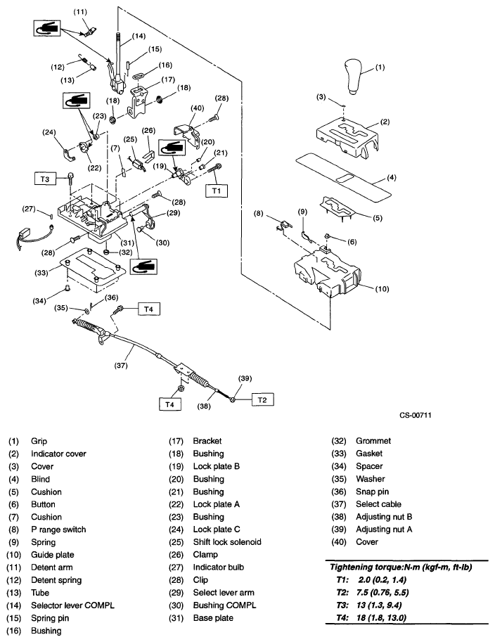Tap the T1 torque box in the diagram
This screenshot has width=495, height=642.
pyautogui.click(x=216, y=190)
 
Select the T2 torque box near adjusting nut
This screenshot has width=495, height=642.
pyautogui.click(x=261, y=399)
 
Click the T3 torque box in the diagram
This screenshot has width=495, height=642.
pyautogui.click(x=45, y=178)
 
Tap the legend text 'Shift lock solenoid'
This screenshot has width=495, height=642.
pyautogui.click(x=226, y=542)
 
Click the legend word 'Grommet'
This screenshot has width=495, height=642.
pyautogui.click(x=373, y=441)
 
